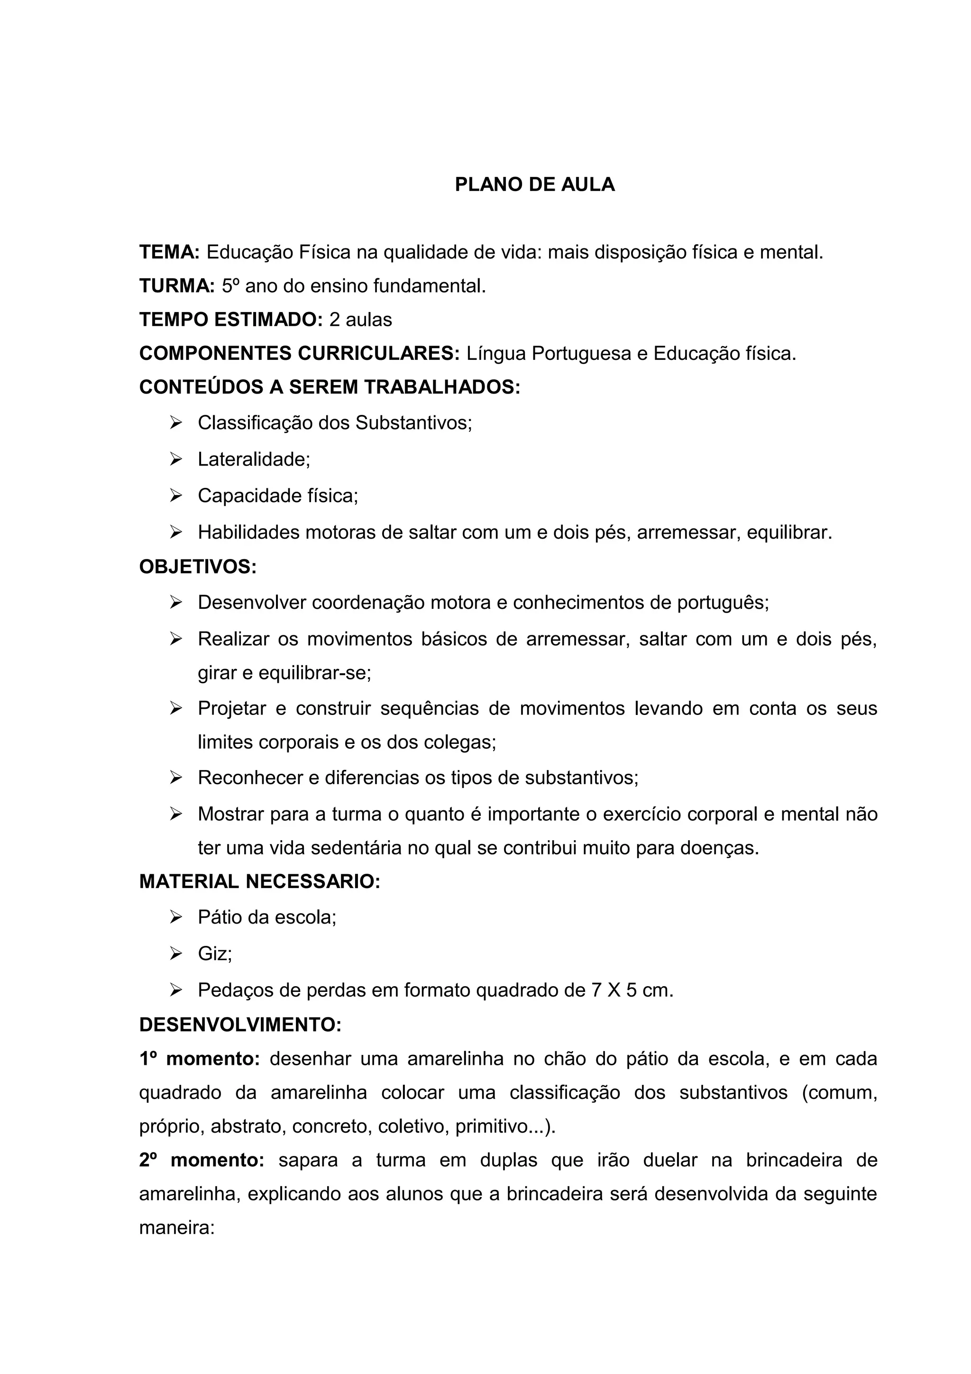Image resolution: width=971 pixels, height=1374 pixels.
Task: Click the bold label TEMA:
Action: click(169, 253)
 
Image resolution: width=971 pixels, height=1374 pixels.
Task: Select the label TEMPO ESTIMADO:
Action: click(231, 320)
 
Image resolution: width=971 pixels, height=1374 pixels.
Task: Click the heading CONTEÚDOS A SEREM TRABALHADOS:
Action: click(330, 387)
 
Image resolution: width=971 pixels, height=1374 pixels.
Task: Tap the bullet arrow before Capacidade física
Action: click(175, 496)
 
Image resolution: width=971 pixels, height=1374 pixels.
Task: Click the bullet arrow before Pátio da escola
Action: click(175, 917)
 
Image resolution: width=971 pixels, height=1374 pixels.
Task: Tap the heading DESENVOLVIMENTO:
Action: click(240, 1025)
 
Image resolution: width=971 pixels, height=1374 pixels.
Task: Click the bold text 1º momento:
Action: click(199, 1059)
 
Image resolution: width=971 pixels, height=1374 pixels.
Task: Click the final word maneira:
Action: click(176, 1228)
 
